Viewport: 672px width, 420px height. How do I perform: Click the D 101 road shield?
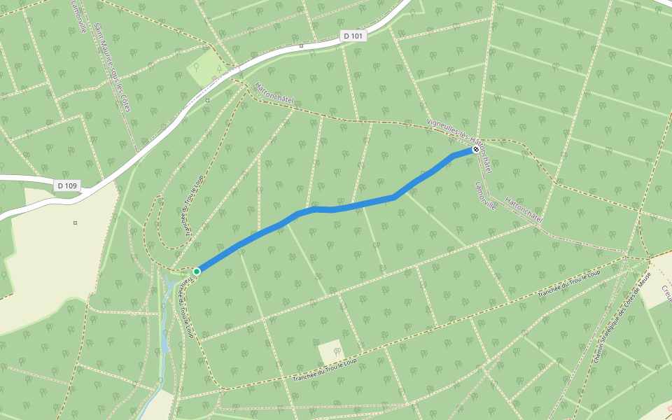[x=353, y=36]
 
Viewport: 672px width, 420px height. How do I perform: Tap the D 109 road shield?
[x=67, y=185]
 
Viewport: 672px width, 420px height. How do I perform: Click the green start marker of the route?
[x=197, y=271]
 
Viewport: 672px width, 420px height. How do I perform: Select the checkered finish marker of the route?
[x=476, y=149]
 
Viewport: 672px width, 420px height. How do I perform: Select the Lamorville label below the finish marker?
[x=485, y=196]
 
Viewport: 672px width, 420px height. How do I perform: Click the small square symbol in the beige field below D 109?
[x=75, y=223]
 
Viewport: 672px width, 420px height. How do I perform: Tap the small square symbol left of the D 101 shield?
[x=301, y=45]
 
